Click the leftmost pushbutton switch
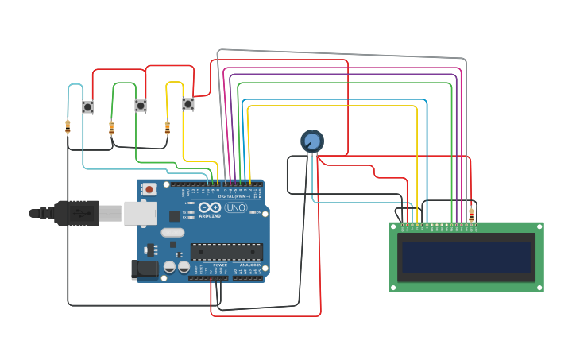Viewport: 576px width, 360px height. tap(88, 106)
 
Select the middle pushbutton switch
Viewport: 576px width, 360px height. tap(141, 106)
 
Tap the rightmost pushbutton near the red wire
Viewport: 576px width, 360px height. tap(188, 104)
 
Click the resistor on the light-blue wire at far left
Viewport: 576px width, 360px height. tap(68, 126)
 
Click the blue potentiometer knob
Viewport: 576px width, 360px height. tap(312, 141)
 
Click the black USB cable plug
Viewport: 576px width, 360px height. tap(76, 213)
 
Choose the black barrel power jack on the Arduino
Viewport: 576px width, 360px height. tap(144, 270)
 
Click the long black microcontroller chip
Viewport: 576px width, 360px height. tap(226, 252)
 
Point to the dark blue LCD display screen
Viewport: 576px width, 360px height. tap(466, 257)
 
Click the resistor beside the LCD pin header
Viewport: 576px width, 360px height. tap(471, 215)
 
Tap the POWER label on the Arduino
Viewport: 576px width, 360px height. tap(209, 265)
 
